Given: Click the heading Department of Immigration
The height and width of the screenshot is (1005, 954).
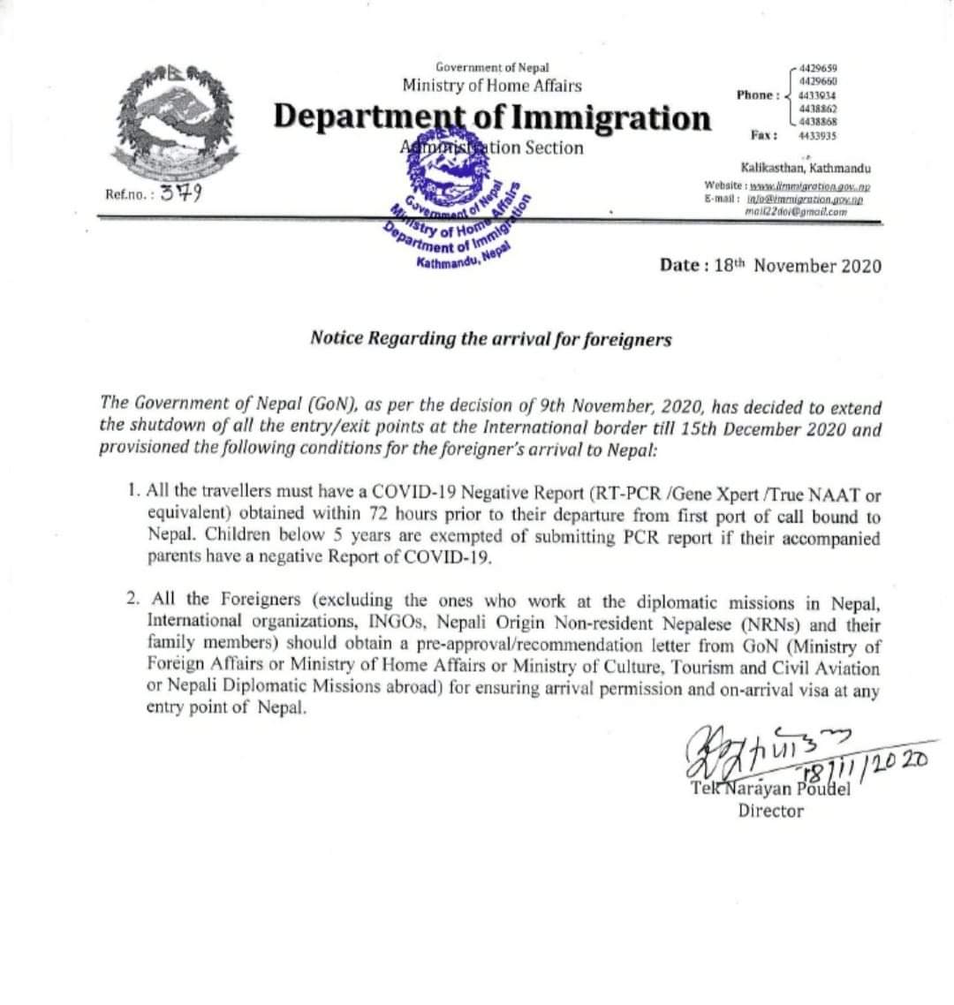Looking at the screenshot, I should click(492, 117).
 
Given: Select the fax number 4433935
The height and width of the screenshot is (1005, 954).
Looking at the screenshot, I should click(817, 136).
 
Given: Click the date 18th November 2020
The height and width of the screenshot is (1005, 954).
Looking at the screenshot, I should click(770, 265).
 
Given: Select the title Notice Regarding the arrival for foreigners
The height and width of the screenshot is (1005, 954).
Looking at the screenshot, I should click(490, 338).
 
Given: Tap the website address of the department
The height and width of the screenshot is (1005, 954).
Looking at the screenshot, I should click(809, 187).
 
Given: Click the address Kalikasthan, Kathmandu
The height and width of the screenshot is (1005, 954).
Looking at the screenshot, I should click(806, 168).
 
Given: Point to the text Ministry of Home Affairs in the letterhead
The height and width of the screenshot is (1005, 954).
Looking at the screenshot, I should click(492, 86).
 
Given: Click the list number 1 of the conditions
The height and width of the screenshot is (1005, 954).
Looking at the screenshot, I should click(132, 489).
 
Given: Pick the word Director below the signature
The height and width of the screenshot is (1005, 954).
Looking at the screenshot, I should click(770, 811).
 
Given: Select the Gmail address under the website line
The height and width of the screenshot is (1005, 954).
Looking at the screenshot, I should click(796, 212).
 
